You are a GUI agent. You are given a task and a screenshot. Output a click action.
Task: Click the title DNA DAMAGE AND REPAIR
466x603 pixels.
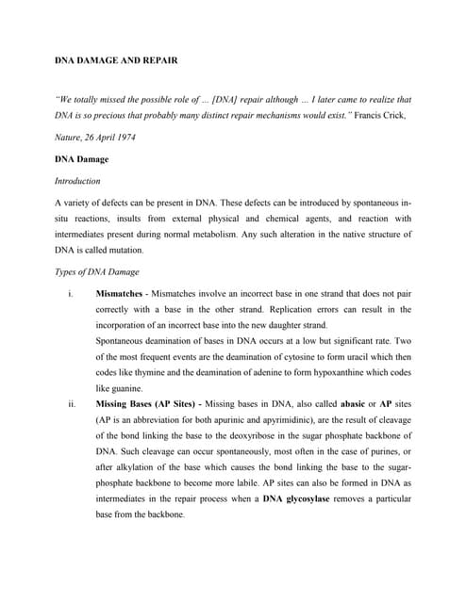tap(114, 60)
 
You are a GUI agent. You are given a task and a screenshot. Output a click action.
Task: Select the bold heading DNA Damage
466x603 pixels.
tap(80, 160)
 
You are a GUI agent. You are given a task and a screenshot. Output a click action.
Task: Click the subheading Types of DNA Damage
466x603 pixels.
tap(96, 272)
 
